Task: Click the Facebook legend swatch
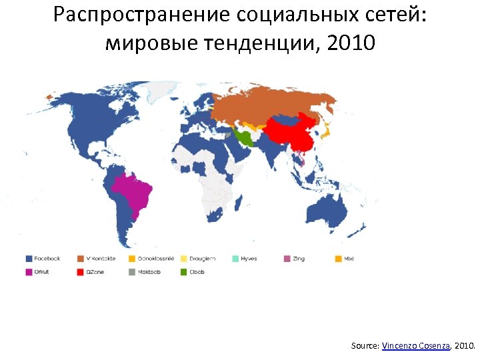click(x=30, y=259)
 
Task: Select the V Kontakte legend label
click(x=101, y=259)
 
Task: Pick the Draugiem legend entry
click(x=203, y=259)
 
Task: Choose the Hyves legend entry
click(x=249, y=259)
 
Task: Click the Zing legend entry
click(x=297, y=259)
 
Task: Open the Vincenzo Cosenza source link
click(x=417, y=346)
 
